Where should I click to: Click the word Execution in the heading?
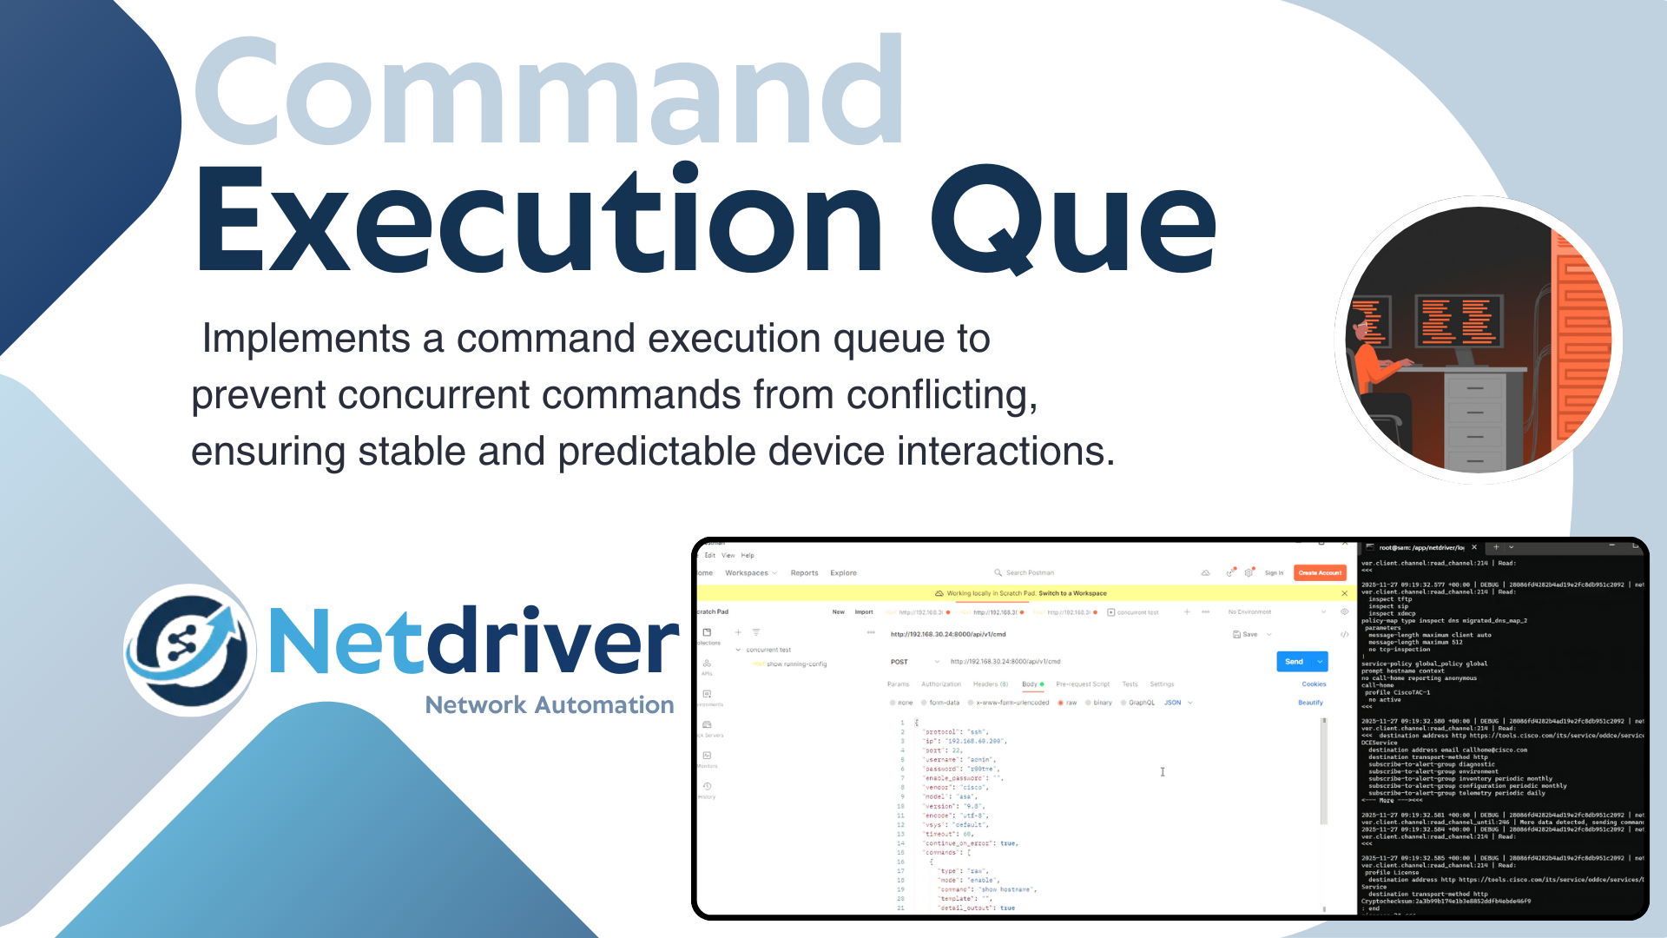pos(538,221)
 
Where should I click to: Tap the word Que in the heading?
pos(1073,221)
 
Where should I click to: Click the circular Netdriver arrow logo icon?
pos(190,650)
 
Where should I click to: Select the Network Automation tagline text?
pos(549,705)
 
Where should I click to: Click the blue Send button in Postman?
pos(1295,662)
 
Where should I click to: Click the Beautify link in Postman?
pos(1310,703)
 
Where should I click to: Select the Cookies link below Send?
pos(1313,684)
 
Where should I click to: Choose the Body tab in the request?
pos(1030,684)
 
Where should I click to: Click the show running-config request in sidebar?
pos(795,664)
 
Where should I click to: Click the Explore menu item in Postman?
pos(843,573)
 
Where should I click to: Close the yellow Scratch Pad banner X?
pos(1344,593)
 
